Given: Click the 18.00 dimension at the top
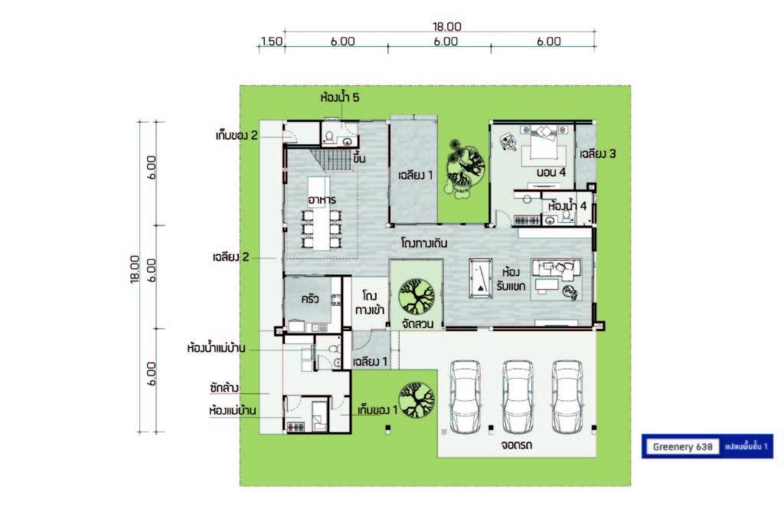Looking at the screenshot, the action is (447, 26).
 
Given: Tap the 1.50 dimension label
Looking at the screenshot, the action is (272, 41).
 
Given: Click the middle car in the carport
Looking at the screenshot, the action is (518, 397).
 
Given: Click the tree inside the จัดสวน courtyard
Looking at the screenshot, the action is (416, 296).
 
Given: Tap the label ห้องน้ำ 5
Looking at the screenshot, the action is (339, 97).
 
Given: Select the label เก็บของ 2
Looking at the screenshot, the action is (237, 135).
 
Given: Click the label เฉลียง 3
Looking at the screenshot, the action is (597, 153).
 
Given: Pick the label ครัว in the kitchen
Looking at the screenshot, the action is (310, 299).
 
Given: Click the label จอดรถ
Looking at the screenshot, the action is (517, 445).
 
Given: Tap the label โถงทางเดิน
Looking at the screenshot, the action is (424, 243).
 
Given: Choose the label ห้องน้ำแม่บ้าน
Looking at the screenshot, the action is (216, 348).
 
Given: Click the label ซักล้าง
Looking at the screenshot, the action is (224, 388).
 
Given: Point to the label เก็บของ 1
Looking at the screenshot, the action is (377, 410).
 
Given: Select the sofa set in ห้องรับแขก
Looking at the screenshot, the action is (556, 279).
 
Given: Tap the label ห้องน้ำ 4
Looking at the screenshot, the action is (567, 205).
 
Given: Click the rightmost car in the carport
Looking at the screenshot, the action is (567, 397).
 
